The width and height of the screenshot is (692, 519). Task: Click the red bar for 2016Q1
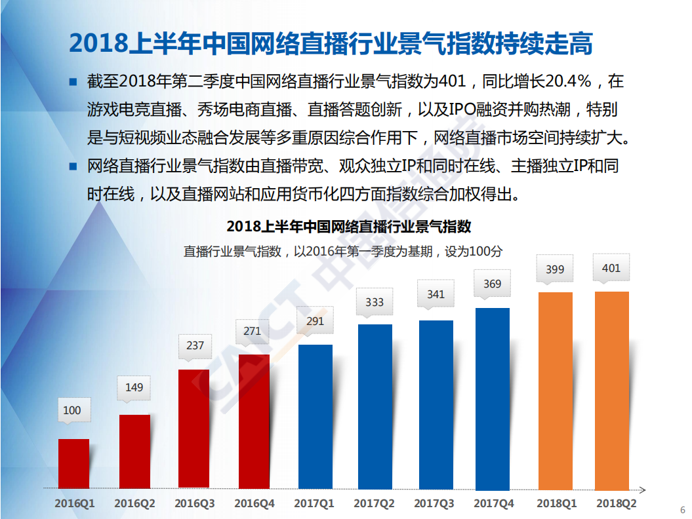click(73, 463)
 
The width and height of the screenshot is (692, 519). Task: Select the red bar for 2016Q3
click(194, 429)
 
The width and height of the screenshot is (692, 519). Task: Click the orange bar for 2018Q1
click(555, 391)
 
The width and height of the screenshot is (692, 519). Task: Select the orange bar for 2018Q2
click(611, 391)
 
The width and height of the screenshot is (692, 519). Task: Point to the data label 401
click(611, 268)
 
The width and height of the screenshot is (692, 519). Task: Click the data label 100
click(72, 410)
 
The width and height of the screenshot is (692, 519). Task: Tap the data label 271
click(252, 331)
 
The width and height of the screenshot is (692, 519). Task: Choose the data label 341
click(436, 294)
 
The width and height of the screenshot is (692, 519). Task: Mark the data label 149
click(134, 387)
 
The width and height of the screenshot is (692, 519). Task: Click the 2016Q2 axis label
click(134, 504)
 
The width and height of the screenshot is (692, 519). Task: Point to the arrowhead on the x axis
click(643, 490)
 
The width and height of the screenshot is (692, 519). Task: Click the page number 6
click(682, 510)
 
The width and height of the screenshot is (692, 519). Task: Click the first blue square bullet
click(73, 82)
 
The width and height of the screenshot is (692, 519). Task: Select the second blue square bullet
click(73, 166)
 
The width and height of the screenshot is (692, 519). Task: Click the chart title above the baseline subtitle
click(348, 227)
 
